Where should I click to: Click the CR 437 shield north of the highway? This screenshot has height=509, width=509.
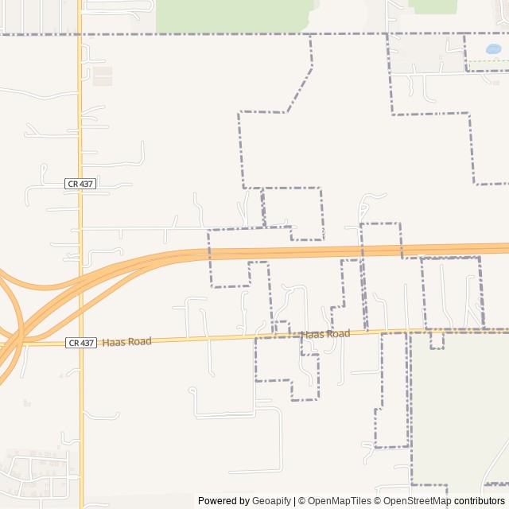(x=80, y=184)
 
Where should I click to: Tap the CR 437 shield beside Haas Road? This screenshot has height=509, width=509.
(x=80, y=343)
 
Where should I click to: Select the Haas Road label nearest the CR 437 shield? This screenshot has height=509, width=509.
(x=126, y=341)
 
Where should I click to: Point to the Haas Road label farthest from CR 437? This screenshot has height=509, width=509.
(x=325, y=334)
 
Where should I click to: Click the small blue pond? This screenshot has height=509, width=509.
(x=493, y=49)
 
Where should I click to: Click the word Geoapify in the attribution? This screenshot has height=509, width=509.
(x=270, y=501)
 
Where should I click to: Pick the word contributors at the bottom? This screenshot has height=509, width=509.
(x=480, y=501)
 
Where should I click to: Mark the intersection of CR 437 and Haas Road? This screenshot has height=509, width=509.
(x=80, y=343)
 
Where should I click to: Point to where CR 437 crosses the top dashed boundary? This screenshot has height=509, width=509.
(x=80, y=34)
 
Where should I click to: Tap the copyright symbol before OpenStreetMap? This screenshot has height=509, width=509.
(x=378, y=501)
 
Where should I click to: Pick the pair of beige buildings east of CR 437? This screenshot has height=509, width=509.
(x=103, y=76)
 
